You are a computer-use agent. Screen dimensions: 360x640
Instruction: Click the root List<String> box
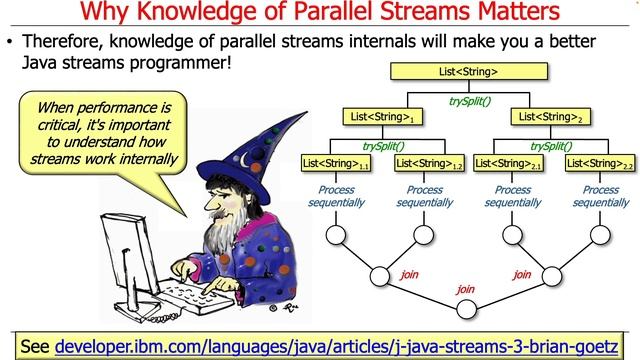pyautogui.click(x=468, y=72)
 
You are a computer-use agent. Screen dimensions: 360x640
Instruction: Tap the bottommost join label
pyautogui.click(x=465, y=289)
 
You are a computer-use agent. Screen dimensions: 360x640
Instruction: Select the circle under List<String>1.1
pyautogui.click(x=337, y=236)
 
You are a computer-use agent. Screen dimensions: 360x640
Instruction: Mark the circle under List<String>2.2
pyautogui.click(x=600, y=236)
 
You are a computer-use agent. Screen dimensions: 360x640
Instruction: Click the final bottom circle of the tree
pyautogui.click(x=469, y=311)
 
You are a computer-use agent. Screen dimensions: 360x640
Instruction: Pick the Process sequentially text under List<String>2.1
pyautogui.click(x=514, y=196)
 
